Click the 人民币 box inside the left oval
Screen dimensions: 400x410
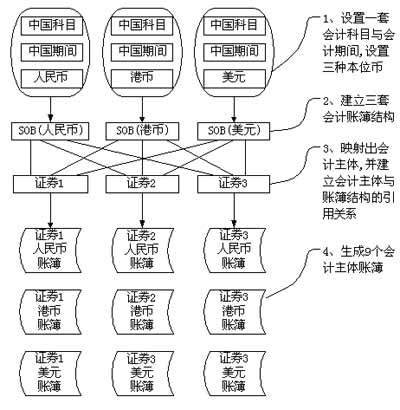(52, 79)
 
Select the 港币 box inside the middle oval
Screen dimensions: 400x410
(142, 79)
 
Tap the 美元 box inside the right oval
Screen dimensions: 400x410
(234, 79)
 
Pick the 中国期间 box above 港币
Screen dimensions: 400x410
(142, 52)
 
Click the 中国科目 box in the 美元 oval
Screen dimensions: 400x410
(234, 25)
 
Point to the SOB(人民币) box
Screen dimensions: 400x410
(50, 131)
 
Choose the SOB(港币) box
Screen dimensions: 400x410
(142, 131)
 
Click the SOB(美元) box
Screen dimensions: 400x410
(234, 131)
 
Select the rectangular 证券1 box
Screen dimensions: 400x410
(51, 184)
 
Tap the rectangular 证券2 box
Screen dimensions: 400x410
(142, 184)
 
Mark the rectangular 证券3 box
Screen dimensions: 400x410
(234, 184)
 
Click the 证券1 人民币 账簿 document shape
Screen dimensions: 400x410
(51, 250)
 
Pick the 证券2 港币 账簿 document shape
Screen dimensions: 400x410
(143, 312)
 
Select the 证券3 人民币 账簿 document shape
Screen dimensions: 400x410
(235, 250)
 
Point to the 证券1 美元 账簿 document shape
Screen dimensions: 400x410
(51, 373)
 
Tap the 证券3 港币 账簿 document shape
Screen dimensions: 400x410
(235, 312)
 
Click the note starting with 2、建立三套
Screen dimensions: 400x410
(358, 109)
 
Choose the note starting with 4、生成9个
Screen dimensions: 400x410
(358, 260)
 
